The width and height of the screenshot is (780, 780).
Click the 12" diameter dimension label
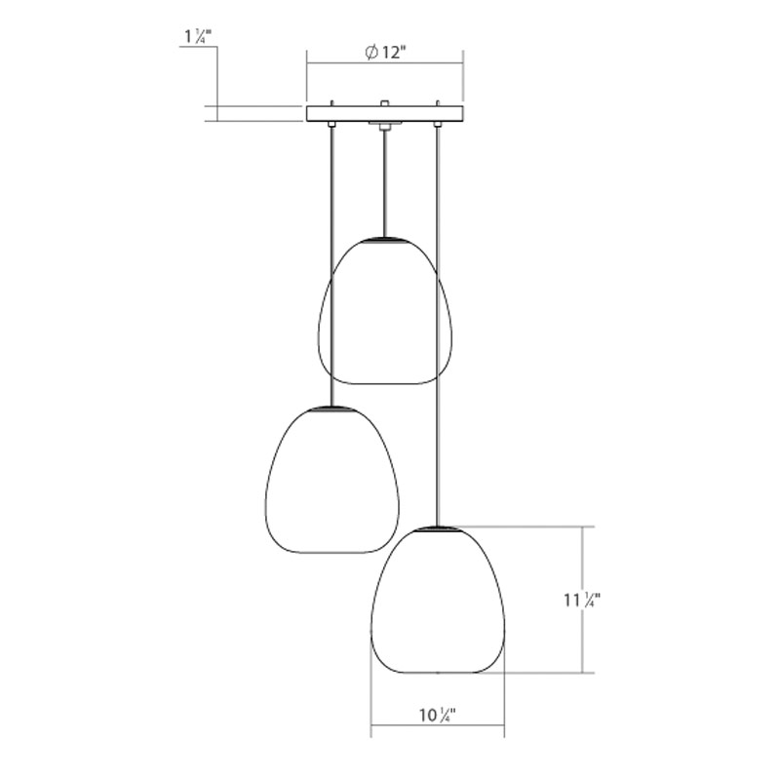386,52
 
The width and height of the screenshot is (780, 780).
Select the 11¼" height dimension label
582,601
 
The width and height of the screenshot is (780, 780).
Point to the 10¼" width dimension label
437,716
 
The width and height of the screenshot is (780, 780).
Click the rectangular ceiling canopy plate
385,113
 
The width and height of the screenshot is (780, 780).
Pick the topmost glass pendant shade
385,310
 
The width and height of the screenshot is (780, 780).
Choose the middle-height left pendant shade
332,480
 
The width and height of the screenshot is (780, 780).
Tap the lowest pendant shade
438,600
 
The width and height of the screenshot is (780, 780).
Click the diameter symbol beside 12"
371,52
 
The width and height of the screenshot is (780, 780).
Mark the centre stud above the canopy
383,103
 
